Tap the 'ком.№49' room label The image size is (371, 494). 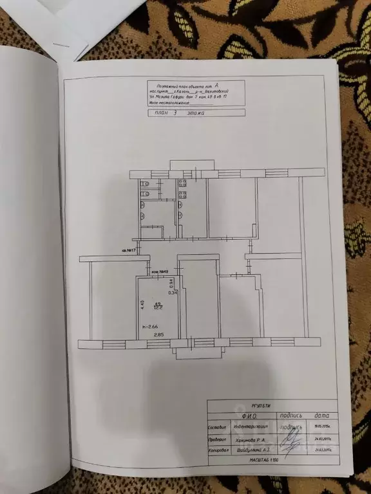click(160, 272)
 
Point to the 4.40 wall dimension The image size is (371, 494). click(142, 306)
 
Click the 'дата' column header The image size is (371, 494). click(322, 416)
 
